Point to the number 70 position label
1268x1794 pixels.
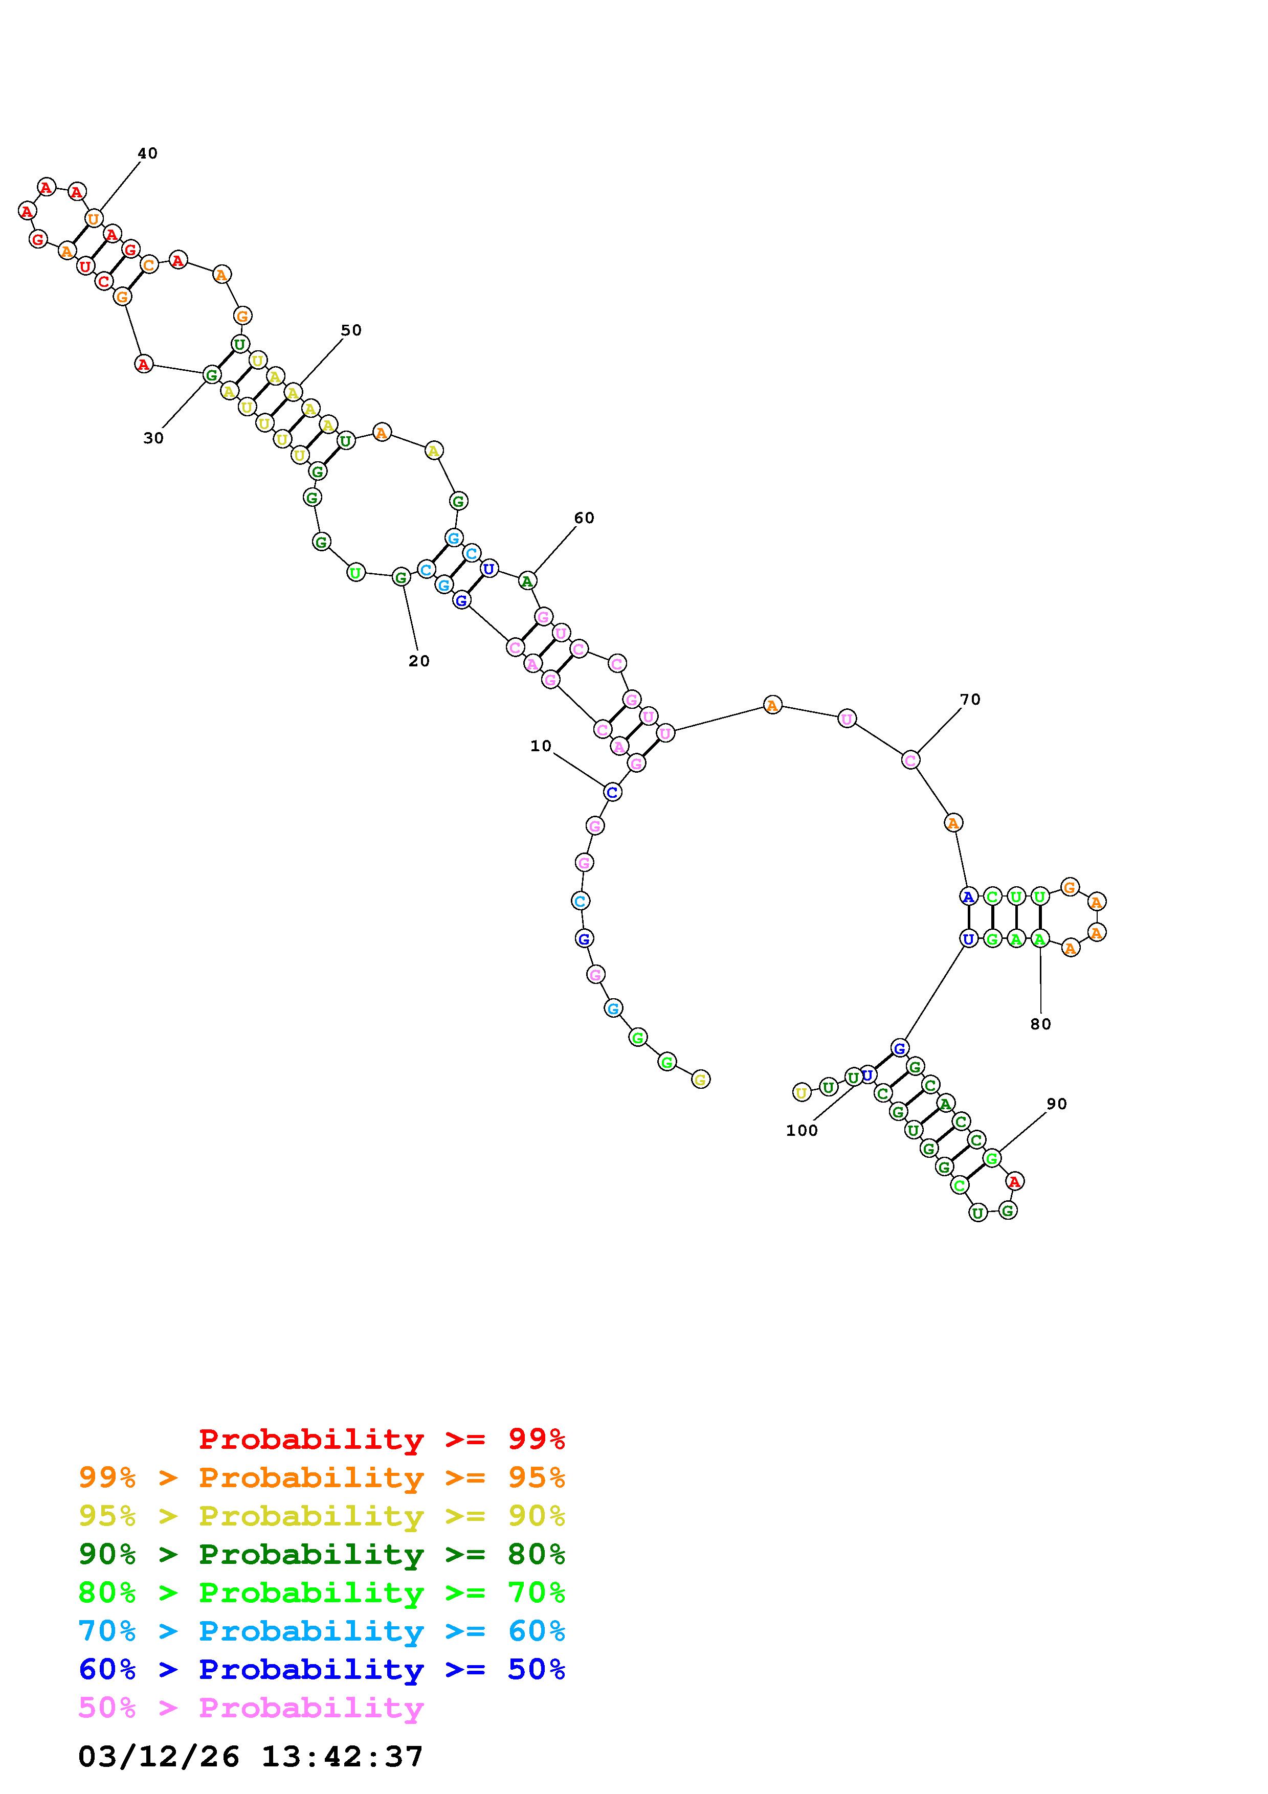pyautogui.click(x=970, y=699)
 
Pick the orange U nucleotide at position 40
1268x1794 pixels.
pyautogui.click(x=94, y=219)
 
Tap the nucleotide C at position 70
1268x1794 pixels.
pyautogui.click(x=910, y=759)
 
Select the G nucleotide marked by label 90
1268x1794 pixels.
pyautogui.click(x=991, y=1158)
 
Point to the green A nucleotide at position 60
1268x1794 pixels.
pyautogui.click(x=527, y=580)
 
